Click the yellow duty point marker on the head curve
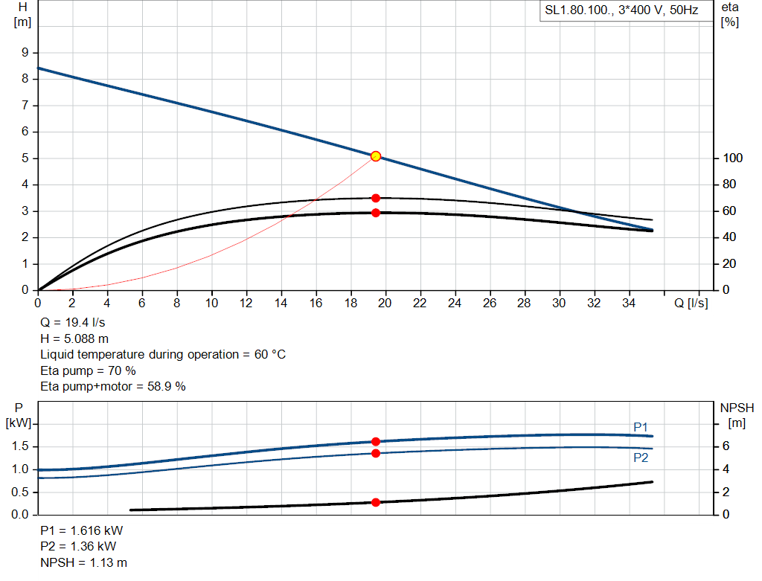(x=376, y=156)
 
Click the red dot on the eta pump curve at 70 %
(x=376, y=198)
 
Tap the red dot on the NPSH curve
(x=376, y=502)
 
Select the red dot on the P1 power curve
(x=376, y=442)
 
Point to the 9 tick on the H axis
(x=25, y=53)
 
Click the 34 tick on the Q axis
(x=629, y=303)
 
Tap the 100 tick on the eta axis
(x=729, y=158)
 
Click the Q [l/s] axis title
(x=691, y=303)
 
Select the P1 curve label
(x=641, y=426)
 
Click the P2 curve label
(x=641, y=458)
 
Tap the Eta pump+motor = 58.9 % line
(x=112, y=386)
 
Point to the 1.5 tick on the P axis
(x=21, y=446)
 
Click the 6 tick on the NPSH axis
(x=725, y=446)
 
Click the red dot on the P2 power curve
(x=376, y=453)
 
